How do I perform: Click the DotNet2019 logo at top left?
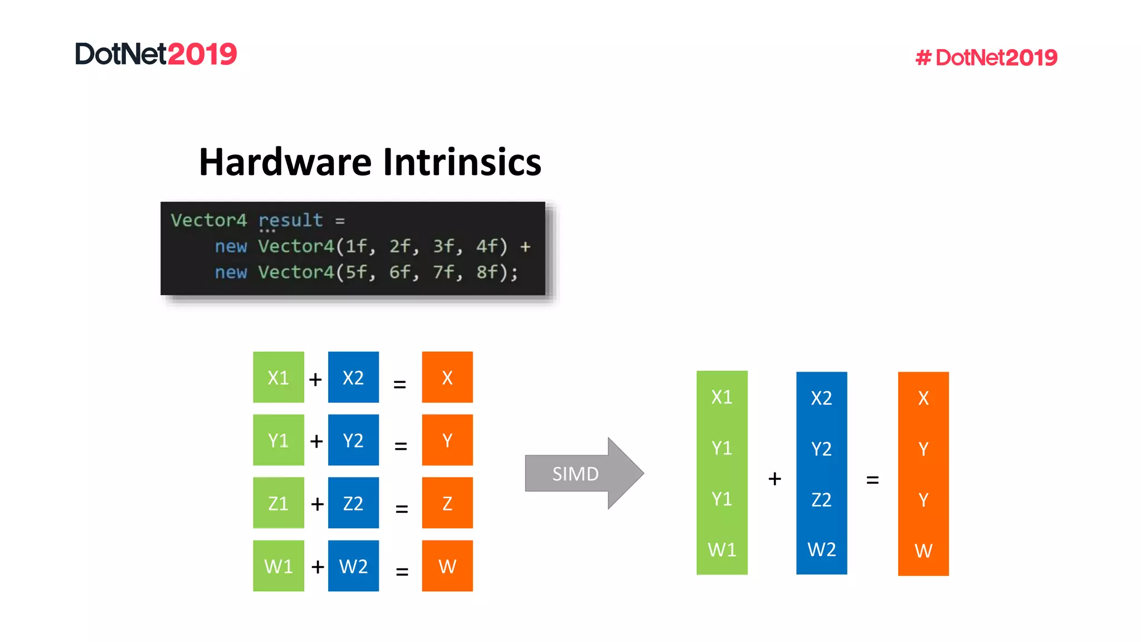tap(156, 54)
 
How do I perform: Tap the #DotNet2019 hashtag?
tap(986, 57)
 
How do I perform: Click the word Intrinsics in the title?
tap(462, 162)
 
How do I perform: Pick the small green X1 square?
tap(278, 377)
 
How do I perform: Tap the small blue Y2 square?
tap(353, 440)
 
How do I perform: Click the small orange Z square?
tap(447, 503)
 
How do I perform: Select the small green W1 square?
tap(278, 566)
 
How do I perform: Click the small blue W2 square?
tap(353, 566)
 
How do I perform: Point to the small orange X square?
tap(447, 377)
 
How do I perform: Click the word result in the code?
tap(290, 220)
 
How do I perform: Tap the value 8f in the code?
tap(488, 272)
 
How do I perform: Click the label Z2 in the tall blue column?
tap(821, 499)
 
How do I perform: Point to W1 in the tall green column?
tap(721, 549)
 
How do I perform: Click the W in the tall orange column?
tap(923, 551)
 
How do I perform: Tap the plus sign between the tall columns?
tap(774, 479)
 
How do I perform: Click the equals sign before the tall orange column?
tap(872, 480)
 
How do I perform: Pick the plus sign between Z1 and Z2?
tap(317, 504)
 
